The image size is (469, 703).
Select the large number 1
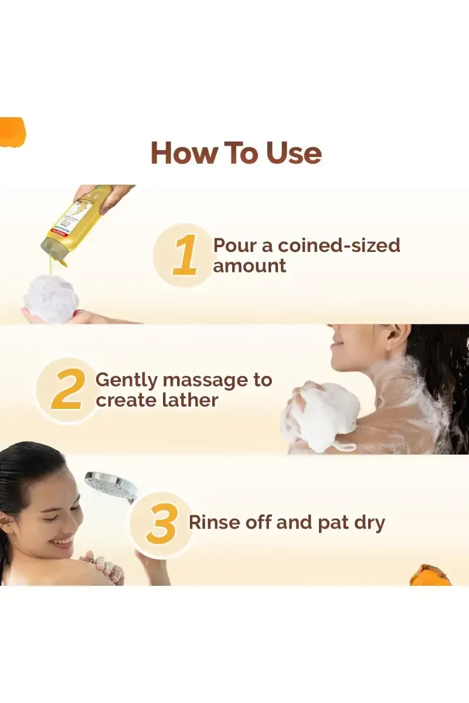[x=185, y=256]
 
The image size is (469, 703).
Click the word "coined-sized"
[x=341, y=245]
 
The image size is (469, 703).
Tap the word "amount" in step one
[x=250, y=265]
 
